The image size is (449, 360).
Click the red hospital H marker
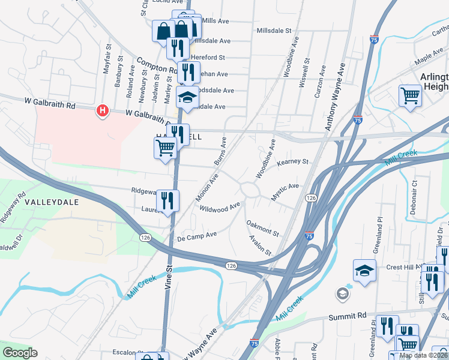click(103, 110)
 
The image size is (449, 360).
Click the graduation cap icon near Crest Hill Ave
click(364, 271)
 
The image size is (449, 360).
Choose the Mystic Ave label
click(285, 190)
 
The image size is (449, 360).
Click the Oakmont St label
click(262, 228)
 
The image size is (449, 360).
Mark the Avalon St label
click(261, 245)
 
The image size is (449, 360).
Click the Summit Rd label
click(347, 316)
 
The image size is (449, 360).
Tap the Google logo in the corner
click(20, 352)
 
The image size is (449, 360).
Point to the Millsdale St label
click(273, 30)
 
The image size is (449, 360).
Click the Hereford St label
click(209, 58)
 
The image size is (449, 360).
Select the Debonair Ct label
click(414, 194)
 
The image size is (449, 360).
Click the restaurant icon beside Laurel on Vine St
click(167, 201)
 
